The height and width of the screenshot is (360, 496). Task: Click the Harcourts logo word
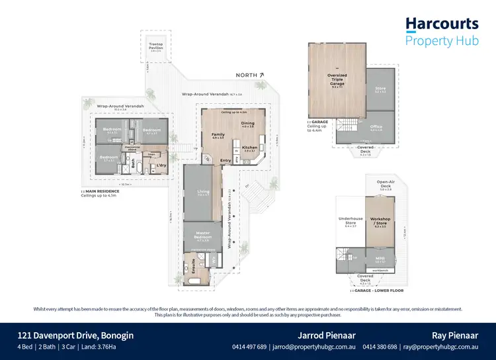[441, 24]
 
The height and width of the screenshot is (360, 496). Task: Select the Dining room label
[247, 123]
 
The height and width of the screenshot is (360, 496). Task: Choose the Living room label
[204, 191]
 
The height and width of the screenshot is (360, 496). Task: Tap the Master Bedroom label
[203, 235]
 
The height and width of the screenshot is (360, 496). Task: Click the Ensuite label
[192, 269]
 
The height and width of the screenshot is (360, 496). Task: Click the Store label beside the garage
[380, 88]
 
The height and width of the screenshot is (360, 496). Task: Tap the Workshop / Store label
[380, 220]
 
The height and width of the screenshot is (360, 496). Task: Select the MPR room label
[380, 258]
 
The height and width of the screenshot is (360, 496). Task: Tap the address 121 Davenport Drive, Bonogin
[75, 336]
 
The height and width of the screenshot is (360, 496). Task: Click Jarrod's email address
[314, 347]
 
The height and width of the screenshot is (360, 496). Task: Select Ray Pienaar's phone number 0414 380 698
[381, 347]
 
